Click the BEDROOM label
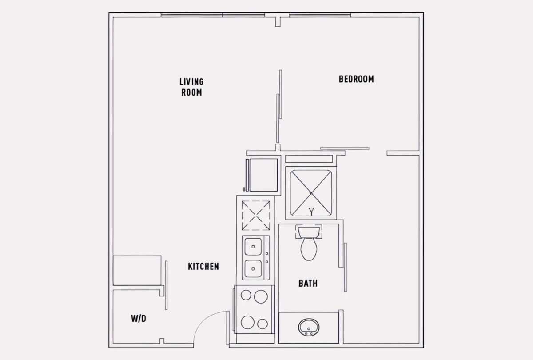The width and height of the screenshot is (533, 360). point(356,79)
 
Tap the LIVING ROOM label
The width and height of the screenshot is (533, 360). point(191,87)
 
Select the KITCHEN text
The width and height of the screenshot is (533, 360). point(203,266)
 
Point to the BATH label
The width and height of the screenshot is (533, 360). point(308,284)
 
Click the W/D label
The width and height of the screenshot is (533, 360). point(139,319)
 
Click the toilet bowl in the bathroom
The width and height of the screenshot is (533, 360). point(309,249)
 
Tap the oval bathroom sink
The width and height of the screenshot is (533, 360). point(309,328)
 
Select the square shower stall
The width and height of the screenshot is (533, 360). point(311,193)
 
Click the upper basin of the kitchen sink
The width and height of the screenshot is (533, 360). point(253,247)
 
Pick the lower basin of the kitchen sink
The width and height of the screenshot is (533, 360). point(253,269)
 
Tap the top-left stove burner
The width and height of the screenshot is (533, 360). point(246,295)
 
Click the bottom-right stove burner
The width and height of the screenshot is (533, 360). point(263,324)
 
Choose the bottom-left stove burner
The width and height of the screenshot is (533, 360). point(247,322)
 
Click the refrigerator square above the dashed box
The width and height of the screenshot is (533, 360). point(263,175)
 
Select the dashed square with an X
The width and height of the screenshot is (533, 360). point(256,216)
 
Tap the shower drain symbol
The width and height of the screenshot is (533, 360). point(311,212)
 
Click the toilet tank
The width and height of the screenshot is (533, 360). point(309,232)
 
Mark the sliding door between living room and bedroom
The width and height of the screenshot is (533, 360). point(279,106)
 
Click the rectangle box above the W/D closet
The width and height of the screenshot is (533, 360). point(137,271)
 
